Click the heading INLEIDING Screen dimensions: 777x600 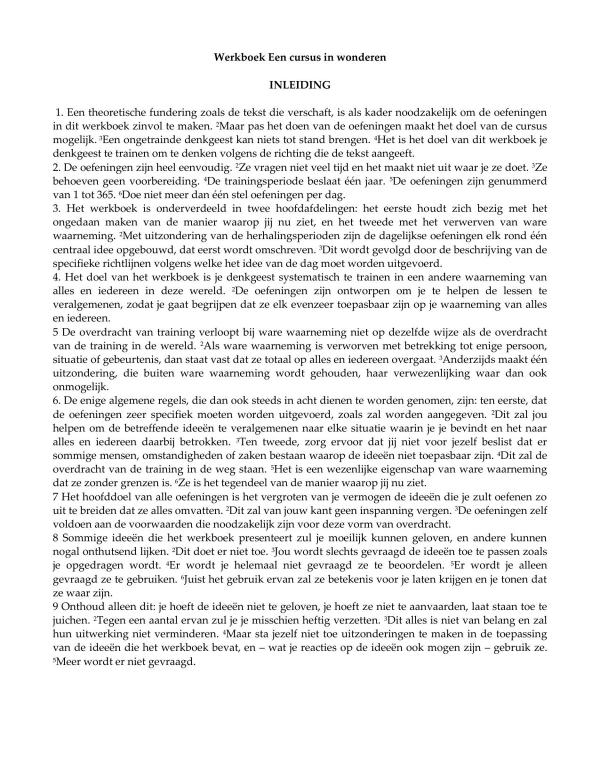(x=299, y=85)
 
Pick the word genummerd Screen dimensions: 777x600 (x=518, y=181)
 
